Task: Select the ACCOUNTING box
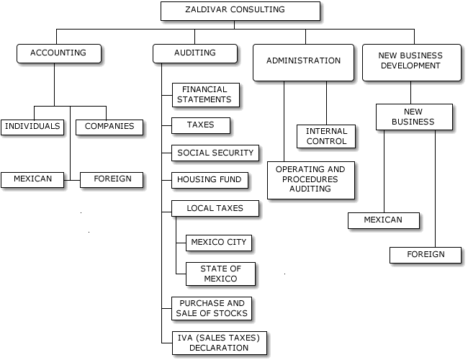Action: click(x=58, y=53)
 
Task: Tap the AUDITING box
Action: click(x=194, y=53)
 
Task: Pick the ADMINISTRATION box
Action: click(x=303, y=61)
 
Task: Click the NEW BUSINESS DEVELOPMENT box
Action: click(x=410, y=61)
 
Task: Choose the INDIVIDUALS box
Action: click(x=32, y=126)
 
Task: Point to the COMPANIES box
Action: click(x=109, y=126)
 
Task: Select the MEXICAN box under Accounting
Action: click(x=32, y=179)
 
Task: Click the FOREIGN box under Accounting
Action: click(x=112, y=179)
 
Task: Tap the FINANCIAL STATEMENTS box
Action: click(x=206, y=94)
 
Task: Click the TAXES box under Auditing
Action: click(x=202, y=125)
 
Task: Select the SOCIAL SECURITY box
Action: click(x=215, y=153)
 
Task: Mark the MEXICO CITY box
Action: click(x=219, y=242)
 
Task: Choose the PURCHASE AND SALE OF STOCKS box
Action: click(x=212, y=308)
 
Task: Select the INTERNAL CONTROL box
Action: click(x=326, y=136)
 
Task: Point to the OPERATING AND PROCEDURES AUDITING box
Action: click(x=311, y=179)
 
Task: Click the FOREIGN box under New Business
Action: click(x=426, y=254)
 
